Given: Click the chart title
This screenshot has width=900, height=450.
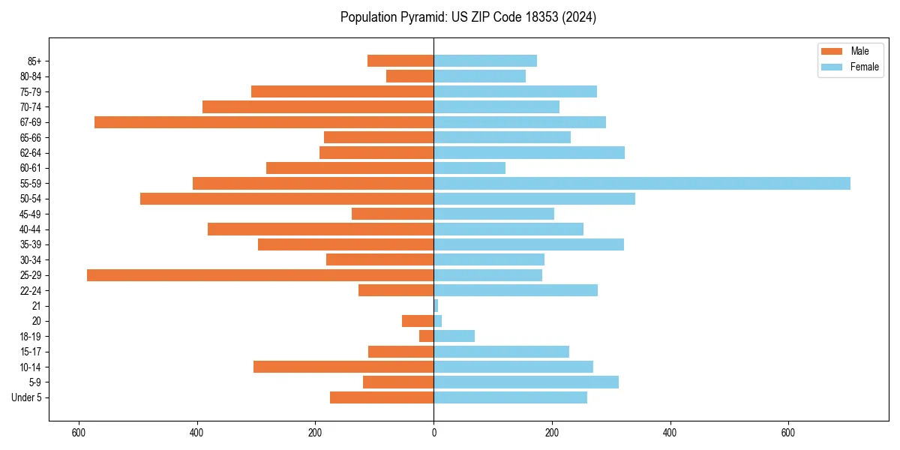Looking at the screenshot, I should (468, 17).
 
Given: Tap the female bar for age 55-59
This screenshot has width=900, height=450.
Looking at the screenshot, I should (641, 184).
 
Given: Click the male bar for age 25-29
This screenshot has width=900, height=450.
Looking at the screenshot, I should (260, 275).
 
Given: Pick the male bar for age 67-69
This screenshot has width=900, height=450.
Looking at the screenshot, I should (264, 122).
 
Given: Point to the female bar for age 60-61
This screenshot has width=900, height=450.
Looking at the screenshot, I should (469, 168).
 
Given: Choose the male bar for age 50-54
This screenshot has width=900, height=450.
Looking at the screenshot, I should (286, 199).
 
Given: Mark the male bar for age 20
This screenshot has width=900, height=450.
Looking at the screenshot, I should (418, 321).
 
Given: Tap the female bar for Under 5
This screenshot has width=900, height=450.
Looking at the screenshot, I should (510, 397).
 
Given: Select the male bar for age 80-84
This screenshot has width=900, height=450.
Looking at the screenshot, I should (409, 76).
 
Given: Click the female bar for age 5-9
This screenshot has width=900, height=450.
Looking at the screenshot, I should (526, 382).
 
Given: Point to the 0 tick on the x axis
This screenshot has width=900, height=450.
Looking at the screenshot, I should (433, 433).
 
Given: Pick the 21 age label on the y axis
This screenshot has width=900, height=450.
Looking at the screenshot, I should (36, 306).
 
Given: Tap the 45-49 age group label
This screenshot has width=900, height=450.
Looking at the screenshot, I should (30, 214).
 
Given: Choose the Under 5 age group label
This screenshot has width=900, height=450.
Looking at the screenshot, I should (26, 397).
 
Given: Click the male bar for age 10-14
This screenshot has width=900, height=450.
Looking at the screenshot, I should (343, 367).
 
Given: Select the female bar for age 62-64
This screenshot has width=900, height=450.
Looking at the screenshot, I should (529, 153).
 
